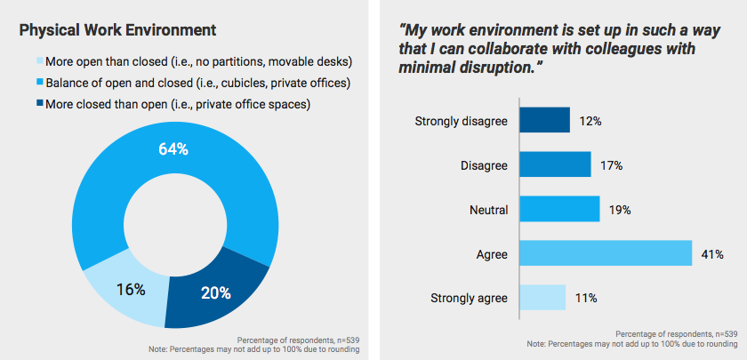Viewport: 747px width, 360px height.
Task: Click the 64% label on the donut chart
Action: (173, 148)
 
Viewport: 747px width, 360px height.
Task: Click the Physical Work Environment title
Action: (117, 30)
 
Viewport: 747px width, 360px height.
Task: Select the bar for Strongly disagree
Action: (544, 120)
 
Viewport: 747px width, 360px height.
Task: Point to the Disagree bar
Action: (555, 164)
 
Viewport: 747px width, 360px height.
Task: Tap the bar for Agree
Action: (605, 252)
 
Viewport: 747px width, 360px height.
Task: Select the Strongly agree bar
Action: (542, 297)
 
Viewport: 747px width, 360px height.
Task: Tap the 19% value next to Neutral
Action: (620, 210)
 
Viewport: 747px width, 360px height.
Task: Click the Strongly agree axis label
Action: (469, 297)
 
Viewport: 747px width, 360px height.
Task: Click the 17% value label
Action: (611, 165)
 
